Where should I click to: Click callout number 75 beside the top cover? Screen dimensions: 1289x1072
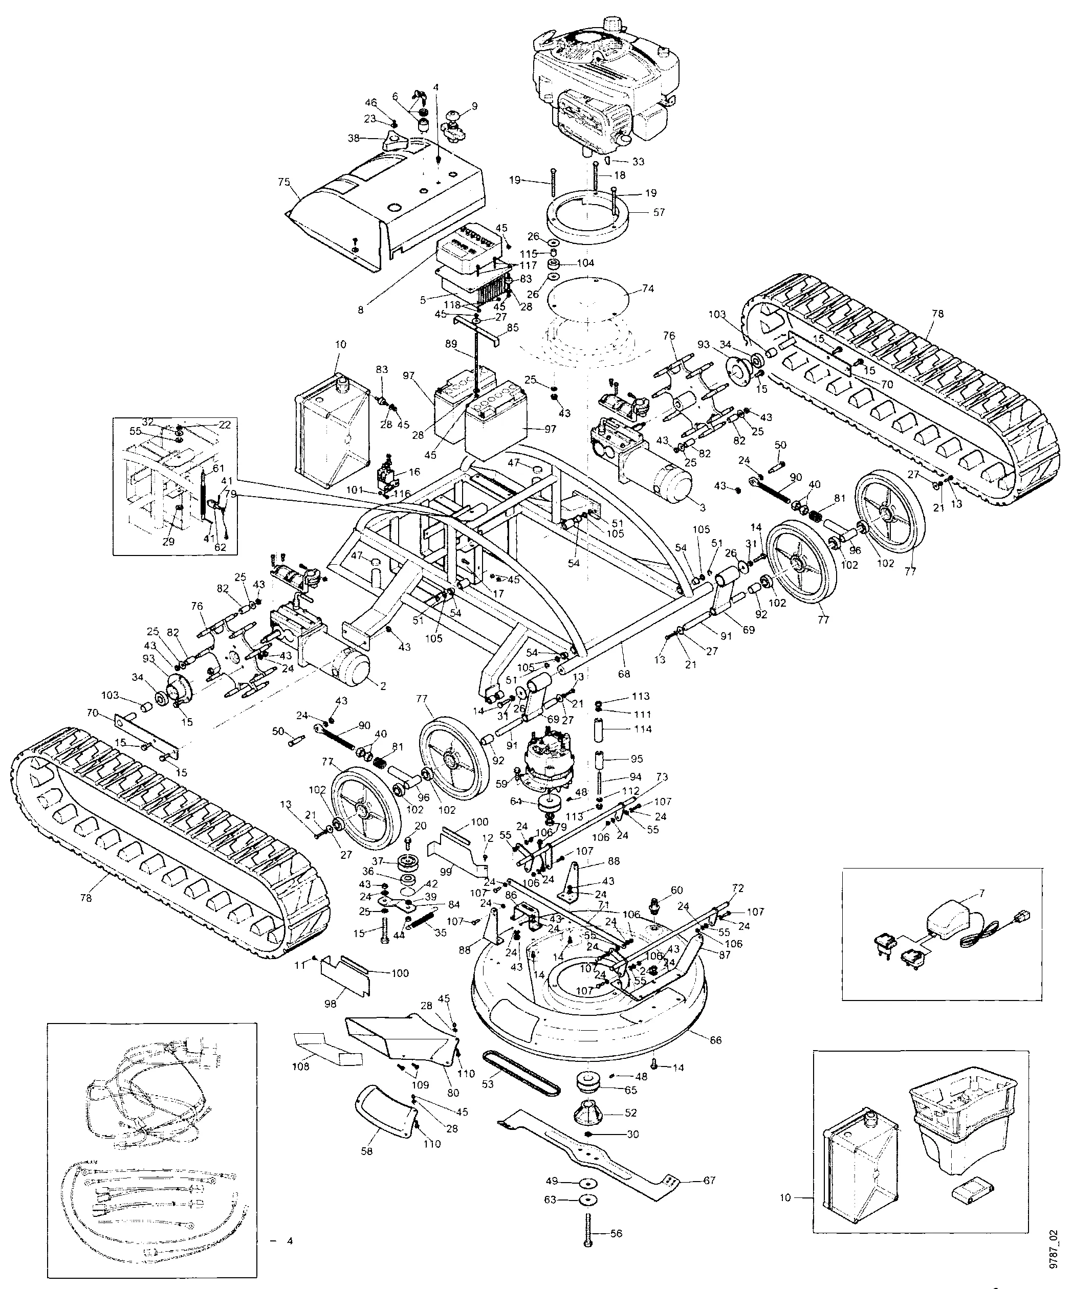[x=283, y=182]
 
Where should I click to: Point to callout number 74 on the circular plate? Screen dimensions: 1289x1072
[x=648, y=288]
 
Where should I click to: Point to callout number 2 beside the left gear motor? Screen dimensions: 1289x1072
[x=383, y=686]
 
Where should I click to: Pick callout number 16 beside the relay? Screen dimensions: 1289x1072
[x=414, y=472]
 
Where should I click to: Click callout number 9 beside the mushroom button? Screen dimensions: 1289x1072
[x=474, y=105]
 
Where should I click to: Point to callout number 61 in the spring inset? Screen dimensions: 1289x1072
[x=219, y=468]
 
